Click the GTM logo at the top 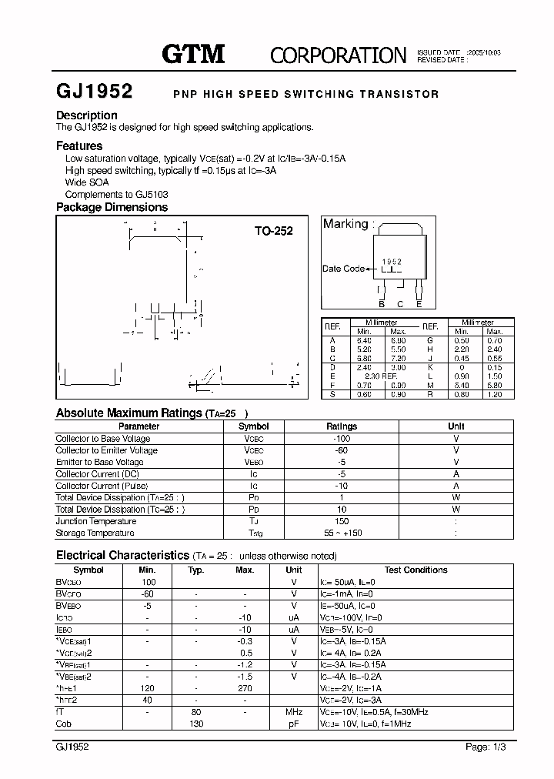click(x=193, y=53)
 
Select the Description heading click(x=87, y=115)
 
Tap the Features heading click(x=79, y=145)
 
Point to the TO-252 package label click(x=274, y=230)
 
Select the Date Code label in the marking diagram click(x=343, y=269)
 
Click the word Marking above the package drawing click(x=345, y=224)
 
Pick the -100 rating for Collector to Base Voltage click(x=342, y=438)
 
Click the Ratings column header click(x=342, y=426)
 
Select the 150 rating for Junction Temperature click(x=342, y=521)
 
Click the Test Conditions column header click(x=415, y=570)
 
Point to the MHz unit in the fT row click(x=294, y=713)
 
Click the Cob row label click(x=65, y=724)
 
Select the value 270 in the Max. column click(x=245, y=689)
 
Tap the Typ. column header click(x=195, y=570)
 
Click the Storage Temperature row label click(x=95, y=533)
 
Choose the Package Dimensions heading click(x=112, y=207)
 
